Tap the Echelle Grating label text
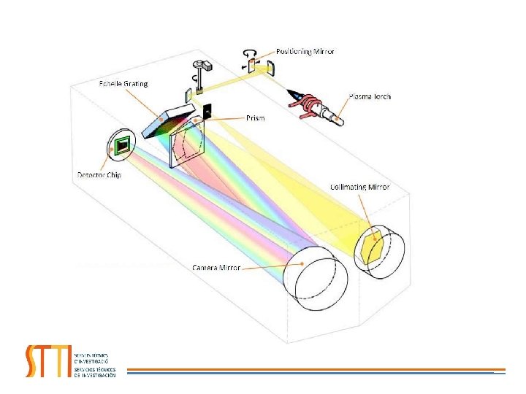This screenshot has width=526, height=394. (x=123, y=84)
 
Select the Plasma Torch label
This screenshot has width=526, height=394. (x=372, y=96)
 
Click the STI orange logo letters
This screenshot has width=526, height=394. (x=48, y=360)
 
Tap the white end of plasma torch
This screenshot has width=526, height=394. (x=338, y=117)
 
